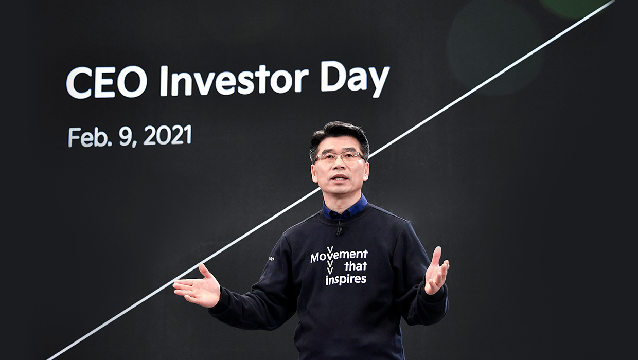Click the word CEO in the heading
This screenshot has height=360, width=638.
[107, 82]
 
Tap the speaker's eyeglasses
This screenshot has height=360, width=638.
[339, 157]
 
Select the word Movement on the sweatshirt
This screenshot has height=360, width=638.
[339, 255]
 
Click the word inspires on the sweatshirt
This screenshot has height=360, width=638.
[346, 280]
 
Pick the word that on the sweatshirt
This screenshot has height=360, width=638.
[356, 266]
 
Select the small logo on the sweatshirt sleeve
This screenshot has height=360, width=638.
[271, 259]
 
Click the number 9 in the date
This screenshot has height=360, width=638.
[125, 136]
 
